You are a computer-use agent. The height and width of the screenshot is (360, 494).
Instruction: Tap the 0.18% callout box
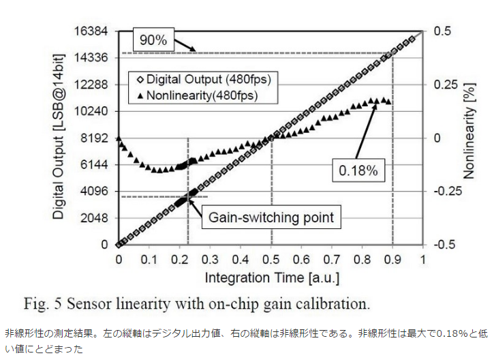[x=358, y=170]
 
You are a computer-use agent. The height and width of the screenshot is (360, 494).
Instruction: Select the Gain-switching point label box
[x=271, y=217]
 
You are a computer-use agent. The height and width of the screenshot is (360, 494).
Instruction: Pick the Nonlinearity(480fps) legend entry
[x=198, y=95]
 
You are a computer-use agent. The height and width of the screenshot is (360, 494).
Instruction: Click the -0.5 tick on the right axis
[x=444, y=245]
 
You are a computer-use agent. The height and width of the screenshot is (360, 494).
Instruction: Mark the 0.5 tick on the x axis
[x=271, y=259]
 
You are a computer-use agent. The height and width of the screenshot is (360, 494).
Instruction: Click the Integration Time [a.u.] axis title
[x=272, y=277]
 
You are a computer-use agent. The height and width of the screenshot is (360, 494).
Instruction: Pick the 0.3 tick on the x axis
[x=211, y=259]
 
